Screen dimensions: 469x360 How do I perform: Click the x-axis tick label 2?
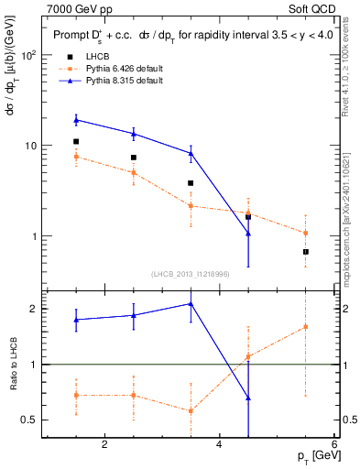(x=104, y=445)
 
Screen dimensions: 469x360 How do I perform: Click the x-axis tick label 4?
(x=220, y=445)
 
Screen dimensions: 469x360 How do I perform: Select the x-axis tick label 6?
(x=334, y=445)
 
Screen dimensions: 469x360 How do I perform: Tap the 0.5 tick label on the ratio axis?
(x=27, y=420)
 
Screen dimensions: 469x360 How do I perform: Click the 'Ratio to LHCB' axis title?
(x=12, y=364)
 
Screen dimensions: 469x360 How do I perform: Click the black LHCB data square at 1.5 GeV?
(x=76, y=142)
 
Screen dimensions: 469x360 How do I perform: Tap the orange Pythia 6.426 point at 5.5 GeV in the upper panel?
(x=305, y=233)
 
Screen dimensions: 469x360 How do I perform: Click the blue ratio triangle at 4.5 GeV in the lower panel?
(x=248, y=398)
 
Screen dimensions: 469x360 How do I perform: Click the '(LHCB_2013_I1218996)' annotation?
(x=191, y=274)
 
